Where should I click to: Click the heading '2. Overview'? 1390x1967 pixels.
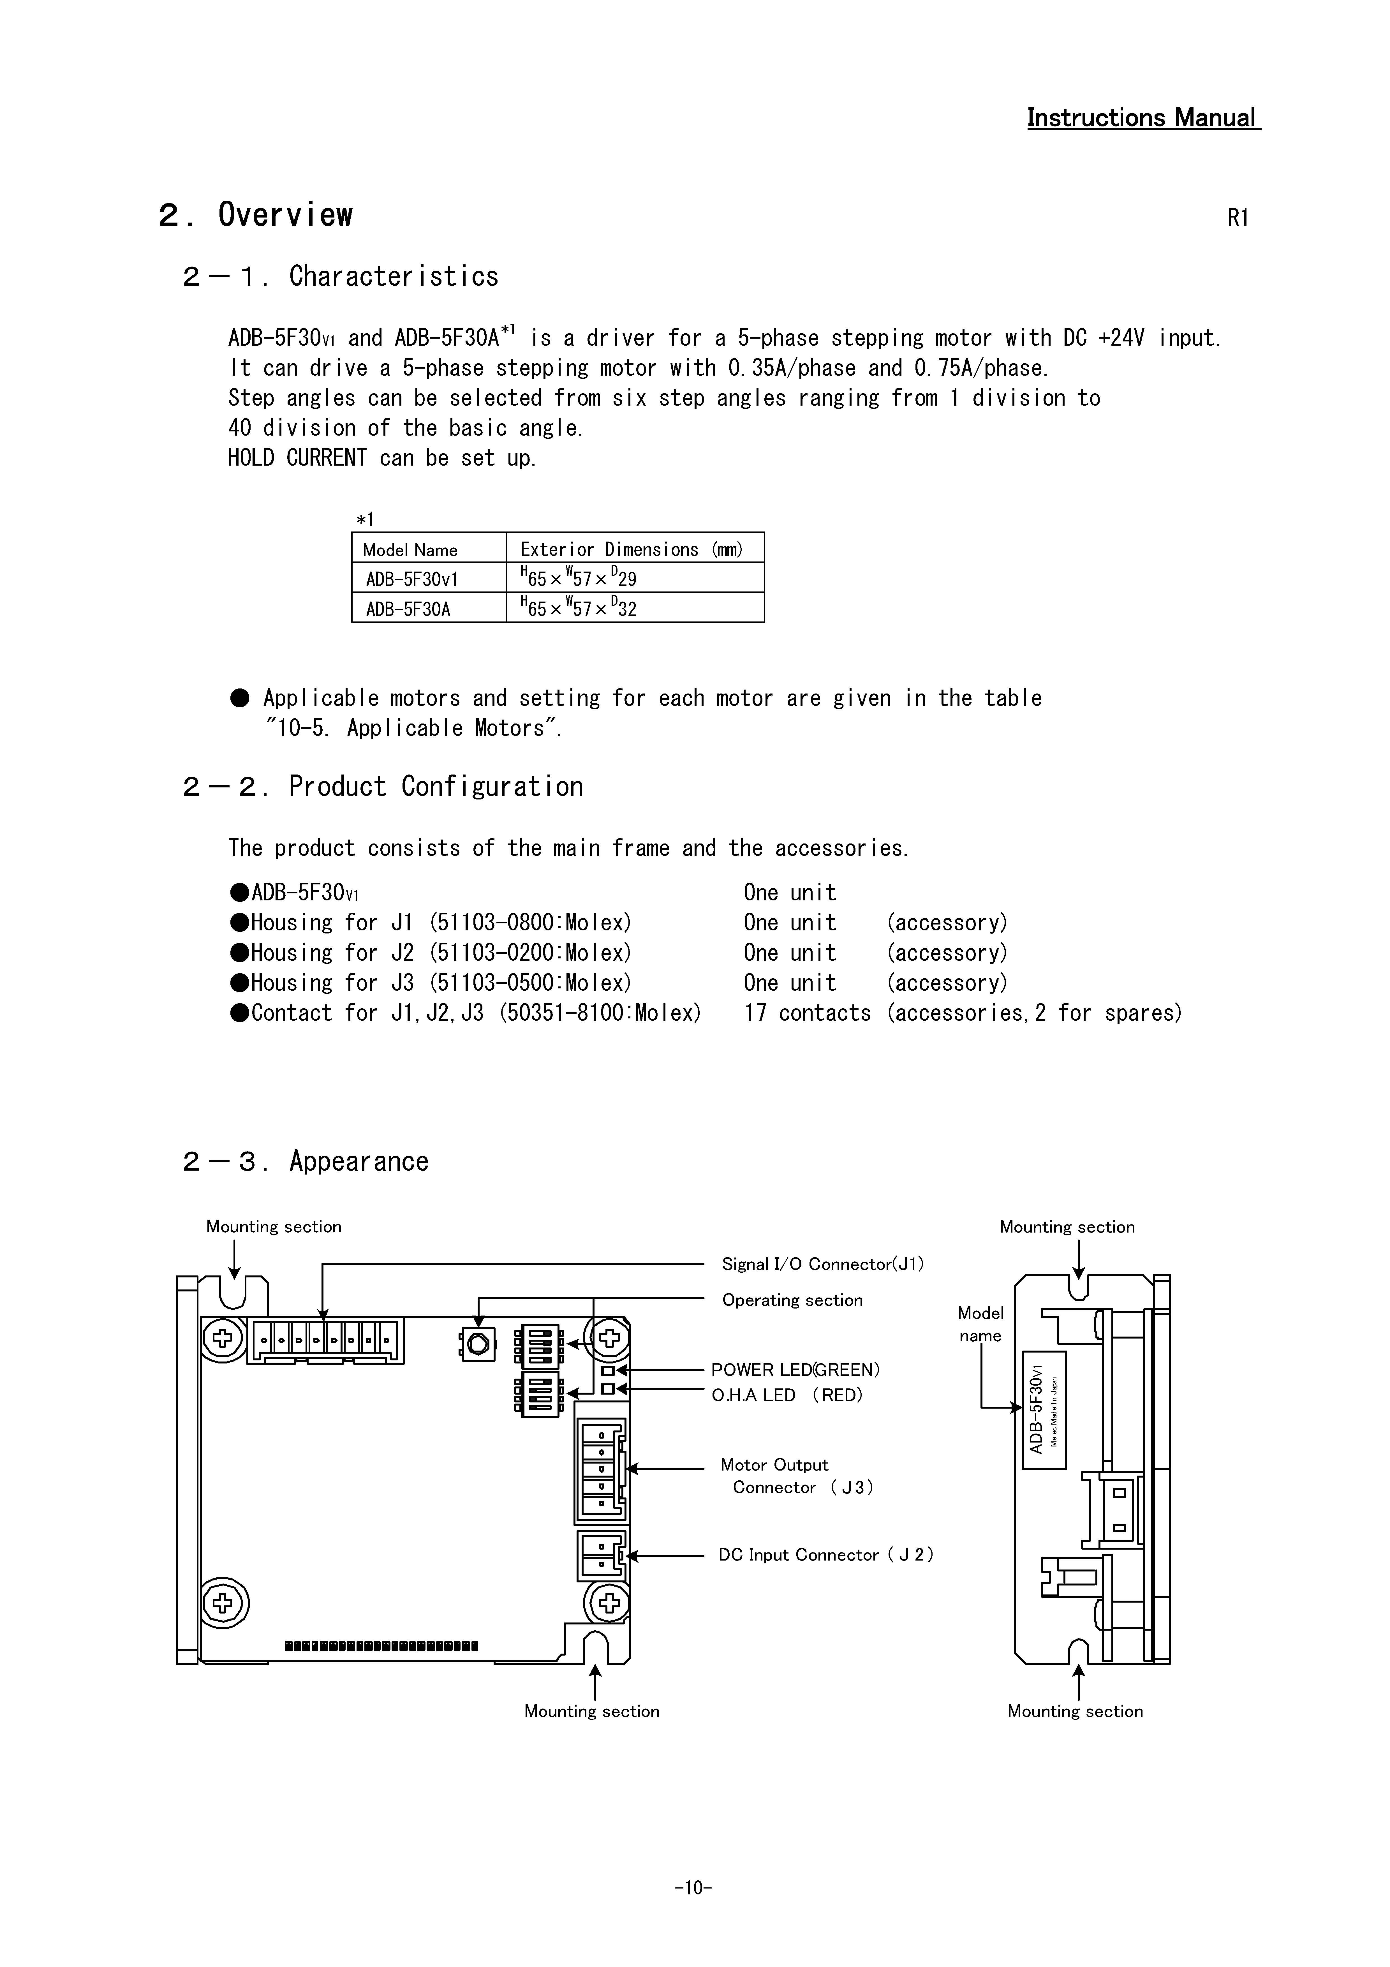tap(255, 215)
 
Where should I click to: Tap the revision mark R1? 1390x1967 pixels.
tap(1238, 218)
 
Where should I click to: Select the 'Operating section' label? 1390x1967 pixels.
tap(792, 1300)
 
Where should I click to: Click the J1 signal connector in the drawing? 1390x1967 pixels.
tap(325, 1340)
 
